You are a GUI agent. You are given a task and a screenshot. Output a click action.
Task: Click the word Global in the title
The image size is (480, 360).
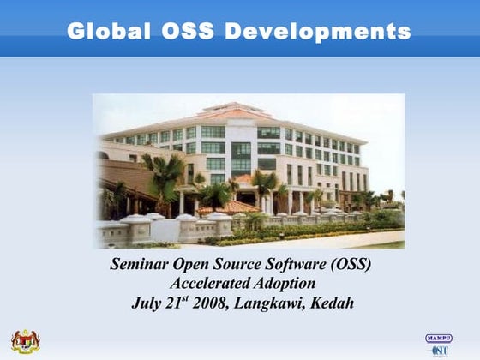[109, 31]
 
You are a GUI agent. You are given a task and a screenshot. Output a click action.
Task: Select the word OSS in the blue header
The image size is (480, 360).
[188, 31]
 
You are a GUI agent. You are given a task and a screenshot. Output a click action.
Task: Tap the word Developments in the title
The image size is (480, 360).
[317, 32]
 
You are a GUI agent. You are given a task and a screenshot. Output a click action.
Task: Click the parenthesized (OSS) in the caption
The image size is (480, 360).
[351, 264]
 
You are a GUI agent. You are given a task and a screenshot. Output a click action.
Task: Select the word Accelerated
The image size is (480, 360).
[210, 283]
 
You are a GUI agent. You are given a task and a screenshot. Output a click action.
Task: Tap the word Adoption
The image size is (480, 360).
[285, 284]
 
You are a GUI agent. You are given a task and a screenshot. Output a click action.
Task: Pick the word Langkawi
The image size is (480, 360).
[269, 303]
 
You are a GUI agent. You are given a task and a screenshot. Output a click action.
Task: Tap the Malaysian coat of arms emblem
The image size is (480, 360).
[26, 342]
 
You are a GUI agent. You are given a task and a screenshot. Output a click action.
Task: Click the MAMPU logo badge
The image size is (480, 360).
[439, 339]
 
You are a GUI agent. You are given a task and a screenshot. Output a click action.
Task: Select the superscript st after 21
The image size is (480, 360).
[184, 298]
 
